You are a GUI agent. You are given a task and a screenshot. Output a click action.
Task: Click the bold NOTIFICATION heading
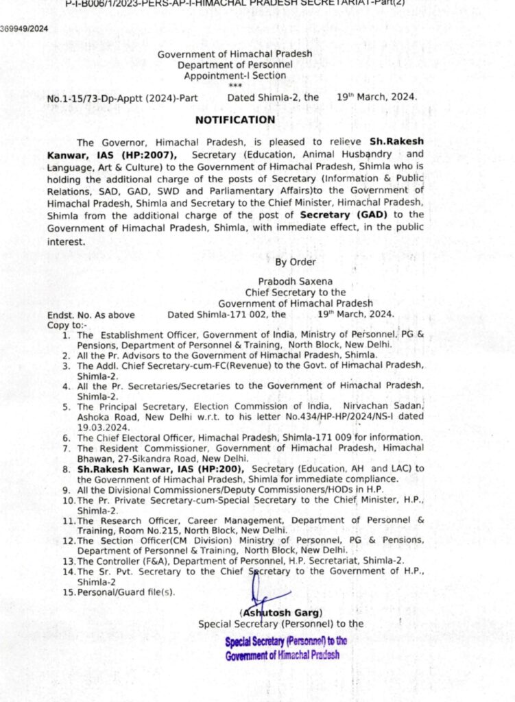click(x=235, y=120)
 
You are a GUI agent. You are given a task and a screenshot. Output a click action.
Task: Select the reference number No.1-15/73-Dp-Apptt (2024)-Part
click(x=122, y=98)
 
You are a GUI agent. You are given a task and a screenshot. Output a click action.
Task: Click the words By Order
click(x=296, y=262)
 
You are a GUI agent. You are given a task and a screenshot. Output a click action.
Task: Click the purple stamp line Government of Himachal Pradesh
click(x=283, y=655)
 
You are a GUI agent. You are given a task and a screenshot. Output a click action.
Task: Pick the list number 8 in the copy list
click(x=67, y=468)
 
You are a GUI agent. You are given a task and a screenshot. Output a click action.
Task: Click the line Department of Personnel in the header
click(x=235, y=64)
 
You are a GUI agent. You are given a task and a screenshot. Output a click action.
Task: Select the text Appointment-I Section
click(x=235, y=75)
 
